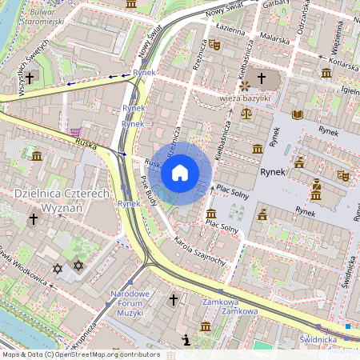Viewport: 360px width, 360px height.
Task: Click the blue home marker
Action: click(x=180, y=172)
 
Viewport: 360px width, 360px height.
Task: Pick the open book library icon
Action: click(x=298, y=114)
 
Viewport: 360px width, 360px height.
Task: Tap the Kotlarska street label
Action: click(x=339, y=58)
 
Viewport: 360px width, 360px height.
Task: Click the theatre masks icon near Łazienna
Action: click(x=214, y=45)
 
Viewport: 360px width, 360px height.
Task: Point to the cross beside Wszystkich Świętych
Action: click(x=30, y=78)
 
